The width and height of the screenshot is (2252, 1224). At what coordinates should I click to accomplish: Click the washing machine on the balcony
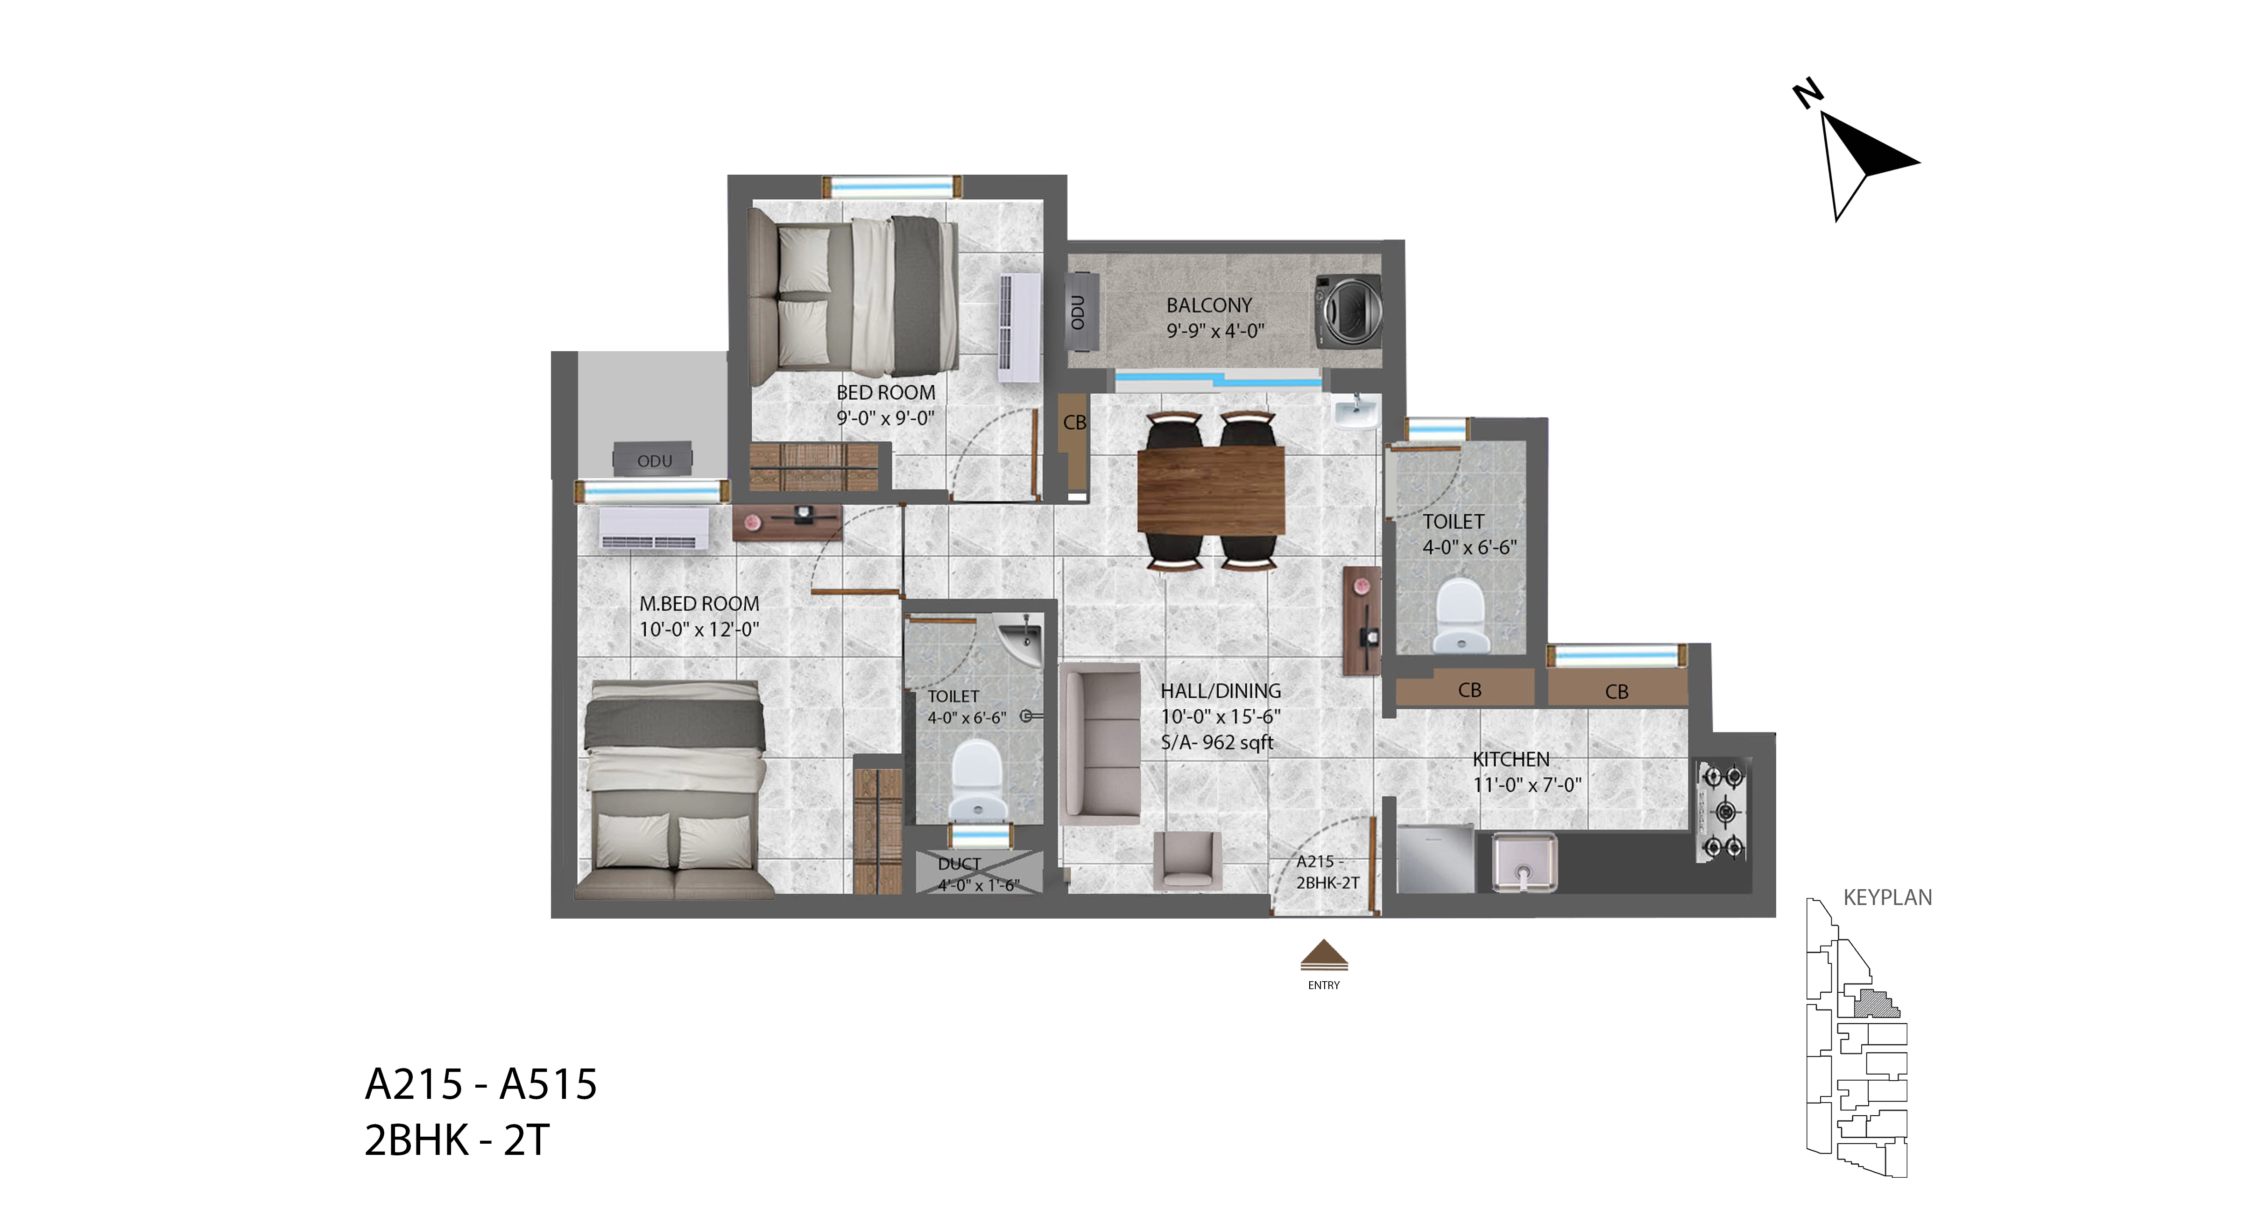point(1349,311)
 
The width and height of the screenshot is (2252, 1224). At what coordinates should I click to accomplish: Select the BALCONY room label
point(1209,305)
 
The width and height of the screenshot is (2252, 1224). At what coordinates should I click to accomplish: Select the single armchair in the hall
point(1187,860)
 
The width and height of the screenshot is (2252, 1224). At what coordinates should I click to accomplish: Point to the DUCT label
point(959,864)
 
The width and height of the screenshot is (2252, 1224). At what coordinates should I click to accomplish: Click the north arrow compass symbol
point(1860,157)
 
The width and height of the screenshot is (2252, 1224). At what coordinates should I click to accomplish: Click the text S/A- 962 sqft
point(1217,742)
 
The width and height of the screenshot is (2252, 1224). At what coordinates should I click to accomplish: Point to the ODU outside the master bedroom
point(653,460)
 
